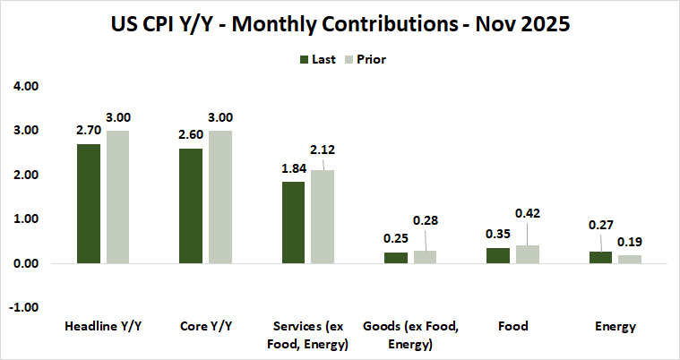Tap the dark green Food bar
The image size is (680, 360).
click(497, 256)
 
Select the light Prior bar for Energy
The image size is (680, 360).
click(630, 259)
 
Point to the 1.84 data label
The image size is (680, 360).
click(294, 168)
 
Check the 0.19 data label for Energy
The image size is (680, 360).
click(631, 242)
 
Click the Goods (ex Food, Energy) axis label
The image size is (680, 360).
click(411, 335)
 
